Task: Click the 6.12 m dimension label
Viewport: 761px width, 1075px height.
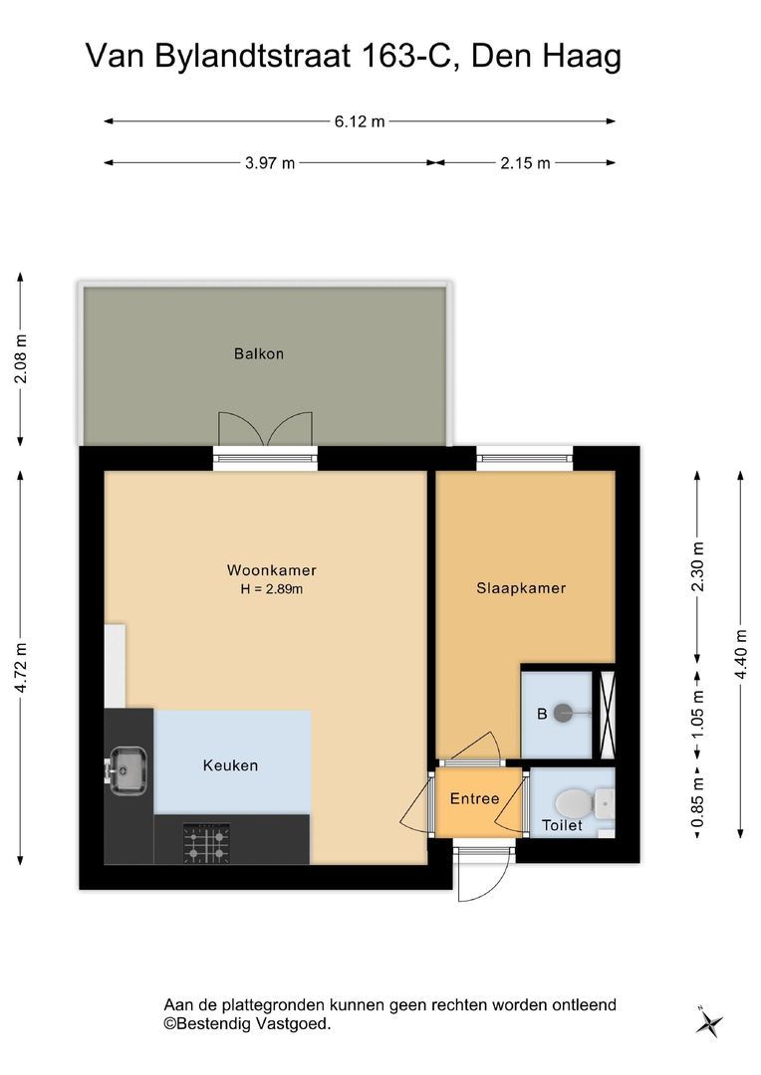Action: pyautogui.click(x=360, y=122)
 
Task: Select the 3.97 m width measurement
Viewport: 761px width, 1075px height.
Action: pyautogui.click(x=270, y=163)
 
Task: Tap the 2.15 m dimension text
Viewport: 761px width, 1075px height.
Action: pyautogui.click(x=525, y=163)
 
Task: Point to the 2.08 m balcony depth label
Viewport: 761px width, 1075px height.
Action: pyautogui.click(x=21, y=359)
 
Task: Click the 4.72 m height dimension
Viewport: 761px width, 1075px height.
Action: pyautogui.click(x=21, y=668)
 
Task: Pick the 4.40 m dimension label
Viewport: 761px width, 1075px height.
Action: pyautogui.click(x=741, y=654)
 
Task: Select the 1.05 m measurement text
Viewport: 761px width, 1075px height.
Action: pyautogui.click(x=698, y=714)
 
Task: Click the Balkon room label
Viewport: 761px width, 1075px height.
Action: pyautogui.click(x=259, y=353)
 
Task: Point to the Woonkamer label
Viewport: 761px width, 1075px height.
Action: pyautogui.click(x=272, y=569)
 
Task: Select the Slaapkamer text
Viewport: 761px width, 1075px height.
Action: pyautogui.click(x=521, y=587)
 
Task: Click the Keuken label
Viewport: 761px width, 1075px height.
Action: pyautogui.click(x=230, y=765)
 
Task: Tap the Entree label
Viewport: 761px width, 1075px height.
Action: pyautogui.click(x=474, y=798)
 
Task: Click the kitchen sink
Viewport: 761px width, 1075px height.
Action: pyautogui.click(x=127, y=770)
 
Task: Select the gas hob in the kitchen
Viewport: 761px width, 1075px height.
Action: pyautogui.click(x=206, y=843)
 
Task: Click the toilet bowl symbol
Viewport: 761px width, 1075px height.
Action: pyautogui.click(x=576, y=802)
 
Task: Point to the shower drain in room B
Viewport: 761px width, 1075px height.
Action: pyautogui.click(x=563, y=713)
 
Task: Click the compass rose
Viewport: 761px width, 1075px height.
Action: pyautogui.click(x=708, y=1023)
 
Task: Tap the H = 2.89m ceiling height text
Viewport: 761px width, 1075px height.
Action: pyautogui.click(x=272, y=589)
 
